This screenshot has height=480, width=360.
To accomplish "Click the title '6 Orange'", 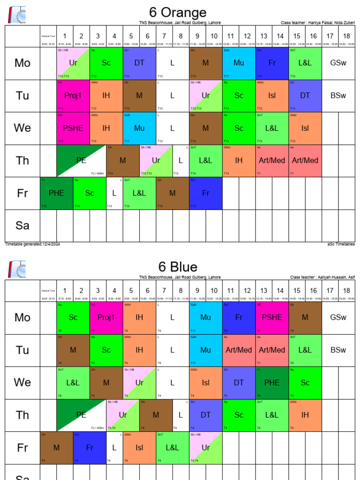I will [178, 12].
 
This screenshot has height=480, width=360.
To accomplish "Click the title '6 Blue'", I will [178, 267].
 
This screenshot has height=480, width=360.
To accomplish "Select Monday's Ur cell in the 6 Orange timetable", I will [73, 63].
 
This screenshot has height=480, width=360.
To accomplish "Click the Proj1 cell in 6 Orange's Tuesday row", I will [73, 96].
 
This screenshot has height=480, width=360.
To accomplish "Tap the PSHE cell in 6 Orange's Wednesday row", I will [73, 128].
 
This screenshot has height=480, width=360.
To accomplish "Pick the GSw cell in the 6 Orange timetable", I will [338, 63].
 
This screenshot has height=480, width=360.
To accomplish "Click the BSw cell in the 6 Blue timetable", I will [338, 350].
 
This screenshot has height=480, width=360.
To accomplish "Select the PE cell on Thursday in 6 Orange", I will [81, 160].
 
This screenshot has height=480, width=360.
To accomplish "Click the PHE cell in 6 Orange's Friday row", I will [56, 193].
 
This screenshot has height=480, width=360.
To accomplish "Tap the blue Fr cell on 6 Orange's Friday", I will [206, 193].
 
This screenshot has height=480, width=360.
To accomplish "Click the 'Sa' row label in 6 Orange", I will [22, 225].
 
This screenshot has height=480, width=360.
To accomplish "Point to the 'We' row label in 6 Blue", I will [22, 382].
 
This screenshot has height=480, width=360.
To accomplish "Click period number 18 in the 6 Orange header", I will [346, 36].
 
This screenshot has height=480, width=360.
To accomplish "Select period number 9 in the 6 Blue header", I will [197, 291].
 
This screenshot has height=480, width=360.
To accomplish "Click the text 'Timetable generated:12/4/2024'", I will [32, 244].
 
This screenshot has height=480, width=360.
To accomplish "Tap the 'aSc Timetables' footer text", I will [341, 244].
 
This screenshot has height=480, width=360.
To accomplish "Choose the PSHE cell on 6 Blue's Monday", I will [272, 317].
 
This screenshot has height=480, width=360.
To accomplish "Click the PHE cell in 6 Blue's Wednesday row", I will [272, 382].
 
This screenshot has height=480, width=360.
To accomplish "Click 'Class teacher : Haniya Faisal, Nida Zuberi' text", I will [317, 22].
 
